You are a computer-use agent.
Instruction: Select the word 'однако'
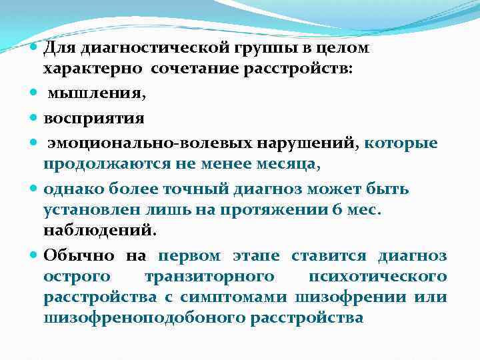[x=71, y=189]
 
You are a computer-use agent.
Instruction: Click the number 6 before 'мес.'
[x=335, y=209]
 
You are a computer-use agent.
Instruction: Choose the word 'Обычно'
[x=74, y=256]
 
